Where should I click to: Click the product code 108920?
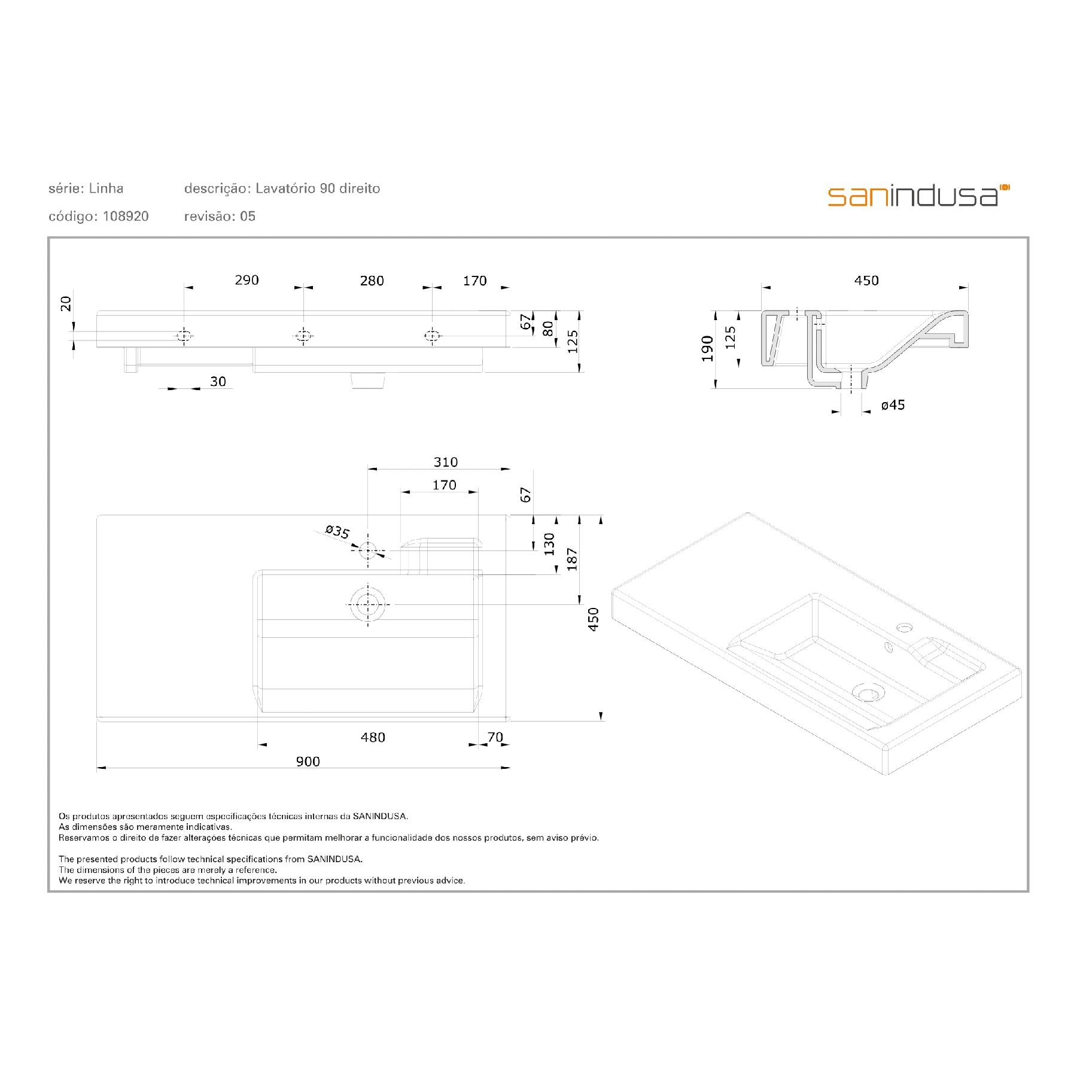click(x=126, y=217)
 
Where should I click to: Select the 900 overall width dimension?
click(x=308, y=761)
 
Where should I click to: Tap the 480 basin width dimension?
click(x=373, y=737)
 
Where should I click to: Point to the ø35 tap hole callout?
click(x=337, y=532)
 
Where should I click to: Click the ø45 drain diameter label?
click(x=893, y=405)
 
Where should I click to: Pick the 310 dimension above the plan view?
click(x=446, y=462)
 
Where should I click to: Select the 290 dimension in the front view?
click(x=247, y=280)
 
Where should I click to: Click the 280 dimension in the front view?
click(x=372, y=281)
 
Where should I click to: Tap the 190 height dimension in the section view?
click(x=708, y=348)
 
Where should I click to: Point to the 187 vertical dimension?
click(x=573, y=559)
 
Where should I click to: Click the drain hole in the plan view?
click(x=369, y=604)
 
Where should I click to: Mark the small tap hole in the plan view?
click(x=368, y=549)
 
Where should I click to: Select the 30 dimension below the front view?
click(x=218, y=382)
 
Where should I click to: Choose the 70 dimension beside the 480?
click(x=495, y=737)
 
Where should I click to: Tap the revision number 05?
click(x=248, y=217)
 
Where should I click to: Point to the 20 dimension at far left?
click(x=66, y=303)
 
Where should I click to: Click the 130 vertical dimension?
click(x=549, y=544)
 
